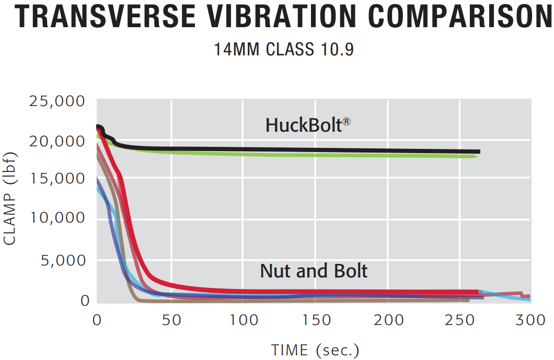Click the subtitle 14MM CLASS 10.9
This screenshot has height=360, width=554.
tap(284, 50)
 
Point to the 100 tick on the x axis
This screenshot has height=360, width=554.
tap(242, 319)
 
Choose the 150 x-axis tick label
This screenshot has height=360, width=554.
tap(315, 319)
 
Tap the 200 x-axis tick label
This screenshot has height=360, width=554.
tap(387, 319)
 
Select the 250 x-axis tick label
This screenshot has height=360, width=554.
tap(459, 319)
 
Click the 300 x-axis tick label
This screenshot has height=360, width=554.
tap(530, 319)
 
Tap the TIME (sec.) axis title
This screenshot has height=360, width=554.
tap(315, 349)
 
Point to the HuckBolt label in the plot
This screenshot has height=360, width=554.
tap(304, 125)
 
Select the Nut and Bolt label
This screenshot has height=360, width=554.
tap(314, 271)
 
